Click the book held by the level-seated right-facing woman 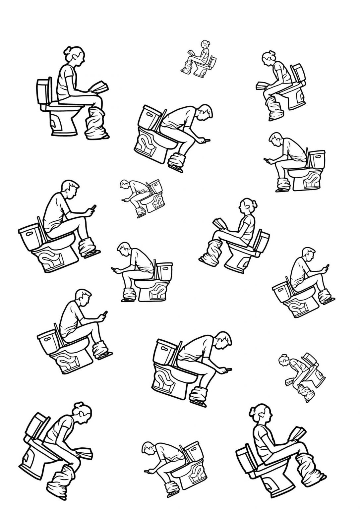click(x=100, y=87)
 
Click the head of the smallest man click(x=125, y=184)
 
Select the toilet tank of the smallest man click(x=155, y=186)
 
